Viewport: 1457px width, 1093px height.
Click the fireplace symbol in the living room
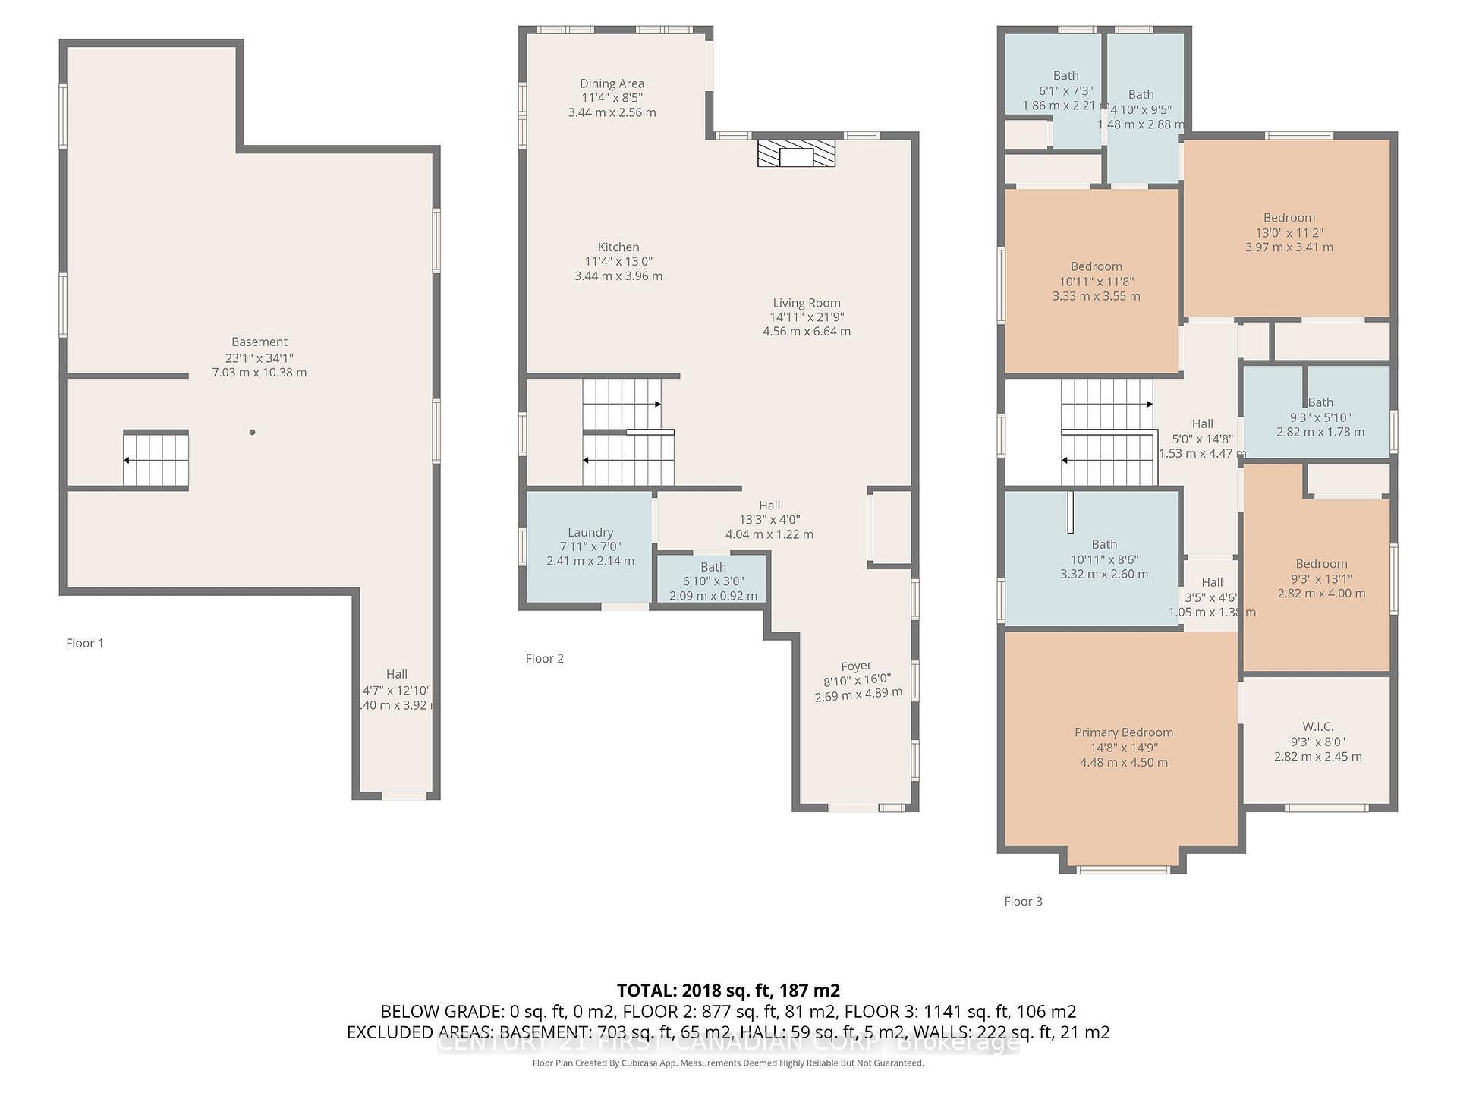796,153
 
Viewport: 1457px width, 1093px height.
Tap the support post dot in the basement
252,432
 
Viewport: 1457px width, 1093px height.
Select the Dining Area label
612,83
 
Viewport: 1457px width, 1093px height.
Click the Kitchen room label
618,247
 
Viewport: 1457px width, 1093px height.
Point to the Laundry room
590,546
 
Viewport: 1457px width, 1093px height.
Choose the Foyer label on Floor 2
856,666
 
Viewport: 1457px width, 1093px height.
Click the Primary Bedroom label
1123,732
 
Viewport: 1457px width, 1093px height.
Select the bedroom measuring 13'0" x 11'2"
1289,232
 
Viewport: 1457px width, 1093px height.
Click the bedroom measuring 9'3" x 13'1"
1320,578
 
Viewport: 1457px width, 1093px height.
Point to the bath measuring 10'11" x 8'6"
1103,559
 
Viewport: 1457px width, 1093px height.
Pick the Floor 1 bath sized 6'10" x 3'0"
713,581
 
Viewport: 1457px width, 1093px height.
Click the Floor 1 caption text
85,643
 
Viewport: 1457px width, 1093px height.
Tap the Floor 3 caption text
1023,901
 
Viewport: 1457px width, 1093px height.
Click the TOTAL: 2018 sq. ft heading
728,991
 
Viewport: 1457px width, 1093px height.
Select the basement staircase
156,458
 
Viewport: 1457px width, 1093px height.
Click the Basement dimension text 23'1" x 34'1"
259,358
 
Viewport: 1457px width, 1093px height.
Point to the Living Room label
806,303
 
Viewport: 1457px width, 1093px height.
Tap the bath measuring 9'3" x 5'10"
1320,417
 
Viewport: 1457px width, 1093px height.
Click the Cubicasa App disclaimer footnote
728,1063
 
